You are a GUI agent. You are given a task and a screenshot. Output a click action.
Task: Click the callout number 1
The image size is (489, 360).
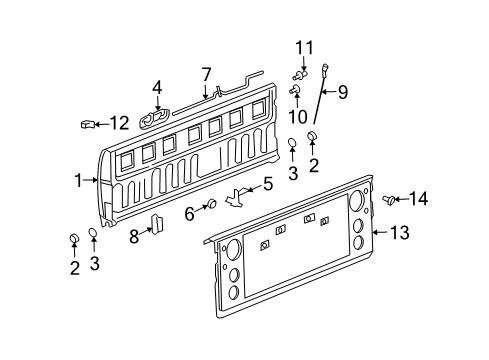77,181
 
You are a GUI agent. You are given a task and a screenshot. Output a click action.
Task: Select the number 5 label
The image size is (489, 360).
267,183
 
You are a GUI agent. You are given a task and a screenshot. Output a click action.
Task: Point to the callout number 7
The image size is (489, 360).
206,73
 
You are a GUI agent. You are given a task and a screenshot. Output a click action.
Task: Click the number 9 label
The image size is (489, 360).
342,93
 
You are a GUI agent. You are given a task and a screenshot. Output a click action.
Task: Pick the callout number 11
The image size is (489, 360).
303,46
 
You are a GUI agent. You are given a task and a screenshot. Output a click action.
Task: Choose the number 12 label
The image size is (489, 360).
119,123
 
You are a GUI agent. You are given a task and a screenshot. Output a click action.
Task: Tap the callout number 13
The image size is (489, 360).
399,234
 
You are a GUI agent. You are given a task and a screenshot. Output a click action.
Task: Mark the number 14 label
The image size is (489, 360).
418,198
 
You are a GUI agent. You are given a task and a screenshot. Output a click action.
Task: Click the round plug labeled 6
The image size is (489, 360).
212,205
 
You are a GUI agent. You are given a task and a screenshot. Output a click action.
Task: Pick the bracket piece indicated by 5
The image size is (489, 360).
236,197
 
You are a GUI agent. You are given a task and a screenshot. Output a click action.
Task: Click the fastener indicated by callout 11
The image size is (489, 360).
302,72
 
